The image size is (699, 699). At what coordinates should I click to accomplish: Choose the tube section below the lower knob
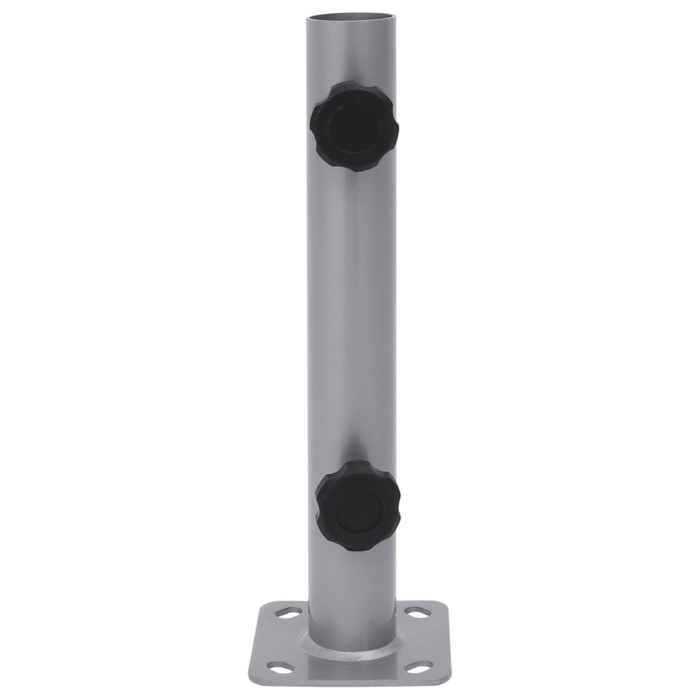(352, 587)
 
